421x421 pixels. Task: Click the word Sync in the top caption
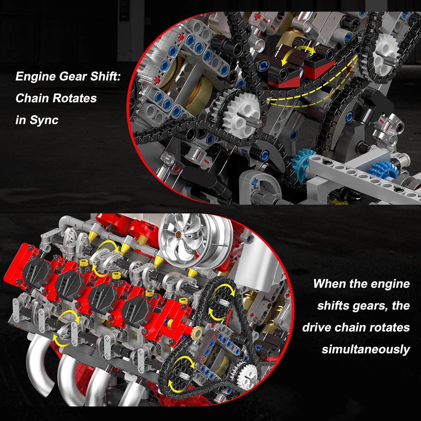[x=44, y=120]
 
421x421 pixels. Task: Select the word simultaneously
[x=366, y=350]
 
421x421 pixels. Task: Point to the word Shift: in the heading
[x=105, y=76]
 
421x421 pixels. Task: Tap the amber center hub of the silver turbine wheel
[x=177, y=234]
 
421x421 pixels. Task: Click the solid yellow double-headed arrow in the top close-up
[x=298, y=55]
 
